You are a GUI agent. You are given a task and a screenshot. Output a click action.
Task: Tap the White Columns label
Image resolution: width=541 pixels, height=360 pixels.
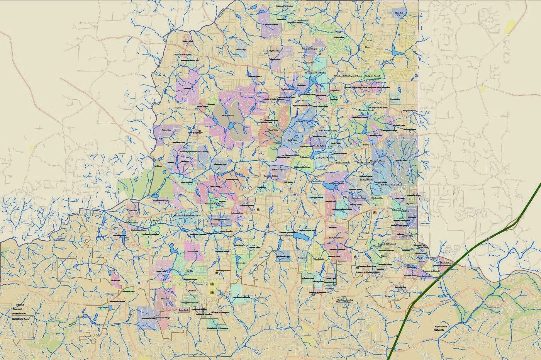click(x=227, y=115)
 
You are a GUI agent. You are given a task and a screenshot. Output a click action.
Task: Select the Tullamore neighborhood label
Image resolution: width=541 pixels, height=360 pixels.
click(x=188, y=88)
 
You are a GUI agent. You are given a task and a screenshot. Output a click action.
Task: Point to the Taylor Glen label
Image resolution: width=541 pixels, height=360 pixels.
click(x=166, y=130)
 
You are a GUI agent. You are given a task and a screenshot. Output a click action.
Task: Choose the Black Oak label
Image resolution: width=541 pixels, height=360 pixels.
click(x=399, y=13)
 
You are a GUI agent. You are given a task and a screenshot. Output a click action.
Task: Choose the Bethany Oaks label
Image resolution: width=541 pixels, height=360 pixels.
click(x=331, y=201)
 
